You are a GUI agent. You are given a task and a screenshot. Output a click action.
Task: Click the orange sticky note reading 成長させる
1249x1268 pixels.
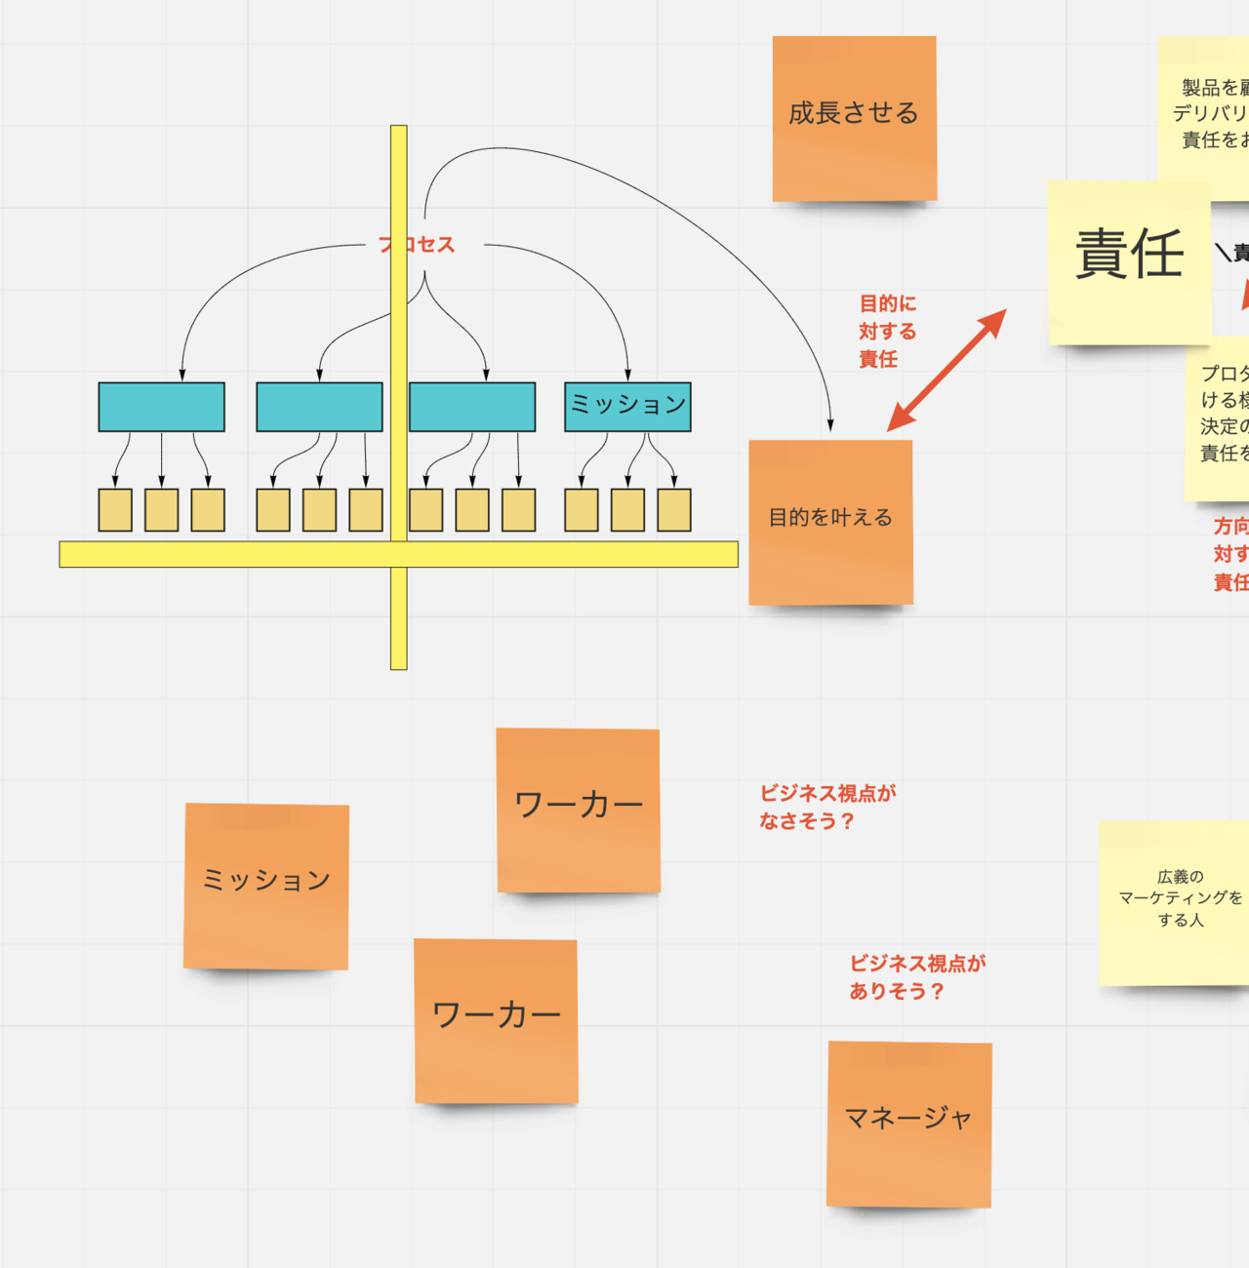pyautogui.click(x=854, y=118)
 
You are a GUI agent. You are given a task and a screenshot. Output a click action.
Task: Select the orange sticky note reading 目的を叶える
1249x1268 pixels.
pyautogui.click(x=830, y=522)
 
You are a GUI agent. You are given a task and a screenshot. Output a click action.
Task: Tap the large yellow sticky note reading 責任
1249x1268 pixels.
pyautogui.click(x=1129, y=261)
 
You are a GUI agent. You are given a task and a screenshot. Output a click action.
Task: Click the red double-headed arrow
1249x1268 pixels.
pyautogui.click(x=947, y=371)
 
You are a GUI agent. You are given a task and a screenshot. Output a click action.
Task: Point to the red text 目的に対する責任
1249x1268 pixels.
pyautogui.click(x=887, y=332)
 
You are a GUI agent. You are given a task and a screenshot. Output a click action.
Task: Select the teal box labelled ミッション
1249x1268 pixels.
pyautogui.click(x=627, y=407)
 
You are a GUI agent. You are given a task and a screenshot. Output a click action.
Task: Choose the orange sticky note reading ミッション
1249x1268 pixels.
pyautogui.click(x=265, y=886)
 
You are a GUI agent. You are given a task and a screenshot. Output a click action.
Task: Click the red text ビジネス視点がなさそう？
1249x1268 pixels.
pyautogui.click(x=826, y=807)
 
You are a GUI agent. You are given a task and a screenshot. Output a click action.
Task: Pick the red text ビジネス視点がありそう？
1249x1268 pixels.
pyautogui.click(x=916, y=976)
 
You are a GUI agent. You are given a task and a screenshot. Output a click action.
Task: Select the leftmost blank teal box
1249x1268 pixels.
pyautogui.click(x=161, y=407)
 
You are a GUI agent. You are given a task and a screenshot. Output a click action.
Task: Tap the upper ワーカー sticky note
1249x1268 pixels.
pyautogui.click(x=578, y=810)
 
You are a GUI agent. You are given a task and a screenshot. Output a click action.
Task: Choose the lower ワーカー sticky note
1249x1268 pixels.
pyautogui.click(x=496, y=1020)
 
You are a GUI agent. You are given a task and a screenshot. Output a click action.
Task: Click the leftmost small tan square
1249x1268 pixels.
pyautogui.click(x=115, y=510)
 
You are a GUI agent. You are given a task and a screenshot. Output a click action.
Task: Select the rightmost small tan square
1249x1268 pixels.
pyautogui.click(x=674, y=510)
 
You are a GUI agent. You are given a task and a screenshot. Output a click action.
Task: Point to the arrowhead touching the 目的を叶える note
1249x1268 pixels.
pyautogui.click(x=830, y=425)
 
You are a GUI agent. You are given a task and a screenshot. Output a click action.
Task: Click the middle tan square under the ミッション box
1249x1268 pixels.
pyautogui.click(x=627, y=510)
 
